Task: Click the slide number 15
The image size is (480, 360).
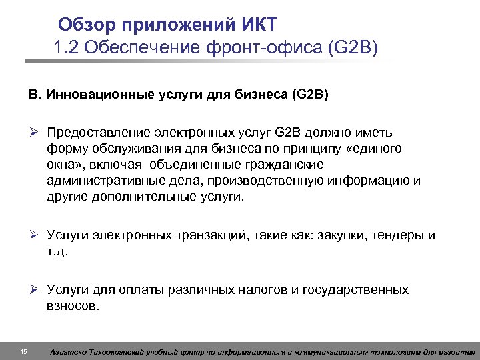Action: click(24, 351)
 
